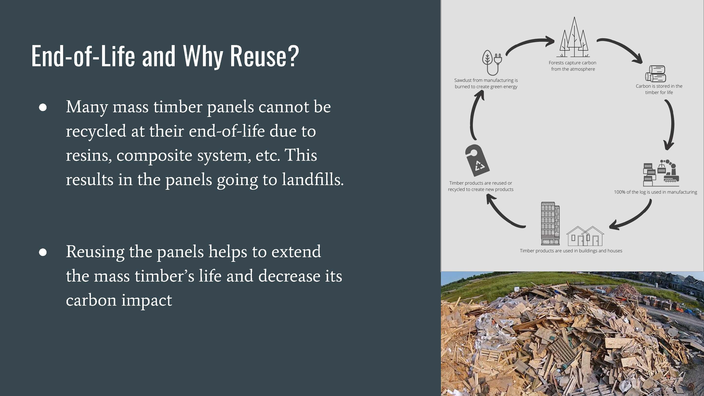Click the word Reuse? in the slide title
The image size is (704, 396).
click(x=265, y=56)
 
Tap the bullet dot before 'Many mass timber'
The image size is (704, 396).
click(x=43, y=107)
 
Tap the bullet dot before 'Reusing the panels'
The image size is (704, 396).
click(x=43, y=252)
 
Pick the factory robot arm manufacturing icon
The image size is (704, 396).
click(x=661, y=173)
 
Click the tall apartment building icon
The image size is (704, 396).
click(x=550, y=224)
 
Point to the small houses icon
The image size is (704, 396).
click(x=585, y=236)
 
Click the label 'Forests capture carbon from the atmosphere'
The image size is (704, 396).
click(x=573, y=66)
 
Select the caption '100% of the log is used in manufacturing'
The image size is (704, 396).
click(x=655, y=192)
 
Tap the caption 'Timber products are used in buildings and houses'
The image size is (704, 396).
click(x=571, y=251)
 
